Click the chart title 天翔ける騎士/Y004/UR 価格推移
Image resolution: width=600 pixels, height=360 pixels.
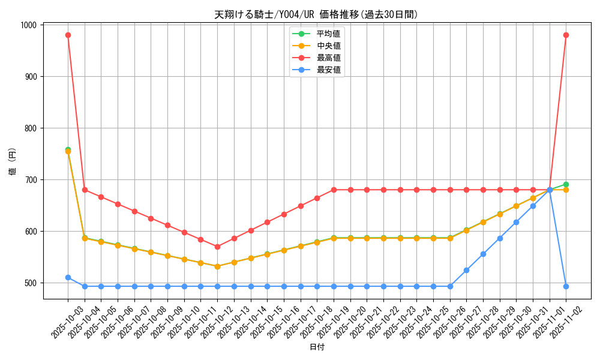316,14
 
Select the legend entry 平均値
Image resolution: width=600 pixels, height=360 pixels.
329,34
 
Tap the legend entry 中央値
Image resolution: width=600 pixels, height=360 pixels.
329,46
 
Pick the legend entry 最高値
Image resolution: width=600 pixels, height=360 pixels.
329,58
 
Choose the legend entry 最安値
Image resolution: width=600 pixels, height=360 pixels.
329,70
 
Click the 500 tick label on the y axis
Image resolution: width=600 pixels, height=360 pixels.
29,283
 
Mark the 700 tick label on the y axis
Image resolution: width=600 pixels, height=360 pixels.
29,180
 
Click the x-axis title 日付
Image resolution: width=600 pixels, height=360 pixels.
317,347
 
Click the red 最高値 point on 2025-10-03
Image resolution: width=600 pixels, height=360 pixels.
68,35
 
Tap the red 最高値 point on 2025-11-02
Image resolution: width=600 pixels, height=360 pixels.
566,35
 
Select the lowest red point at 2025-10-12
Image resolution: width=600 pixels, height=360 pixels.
217,247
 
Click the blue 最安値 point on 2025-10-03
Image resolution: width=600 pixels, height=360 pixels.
68,277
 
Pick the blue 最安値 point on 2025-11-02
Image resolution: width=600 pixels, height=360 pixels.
566,286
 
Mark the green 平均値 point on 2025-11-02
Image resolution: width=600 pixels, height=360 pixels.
566,184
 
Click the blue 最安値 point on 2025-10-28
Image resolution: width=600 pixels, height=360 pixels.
483,254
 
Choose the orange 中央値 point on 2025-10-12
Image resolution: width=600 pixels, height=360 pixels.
217,266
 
